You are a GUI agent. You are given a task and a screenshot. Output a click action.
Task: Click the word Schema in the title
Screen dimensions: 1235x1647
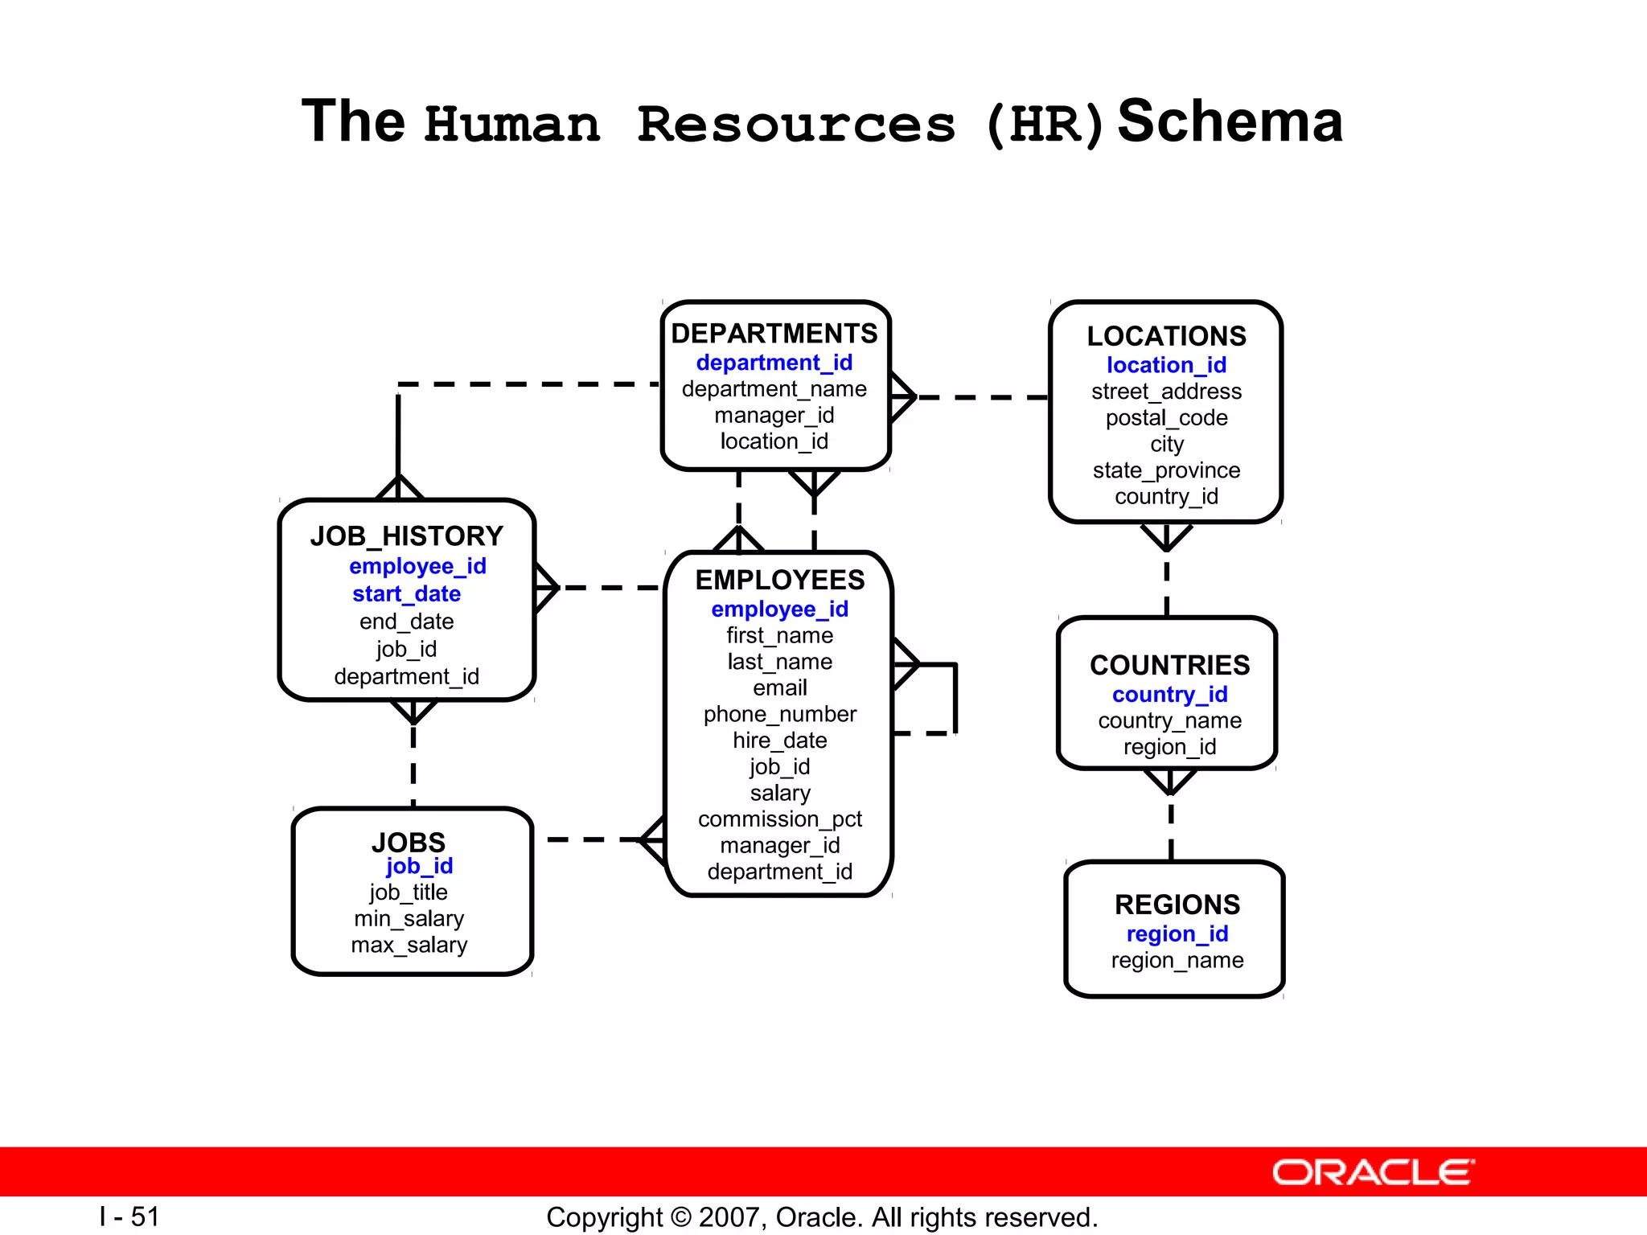[1230, 121]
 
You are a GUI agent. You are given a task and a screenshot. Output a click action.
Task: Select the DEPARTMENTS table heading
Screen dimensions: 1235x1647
[774, 333]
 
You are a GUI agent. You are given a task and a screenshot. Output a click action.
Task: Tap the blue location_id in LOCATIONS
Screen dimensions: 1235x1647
[1166, 365]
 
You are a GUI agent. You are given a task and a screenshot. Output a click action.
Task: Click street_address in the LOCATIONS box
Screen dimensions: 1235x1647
[1166, 392]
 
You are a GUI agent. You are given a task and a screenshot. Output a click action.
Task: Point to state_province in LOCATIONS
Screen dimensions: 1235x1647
[1166, 470]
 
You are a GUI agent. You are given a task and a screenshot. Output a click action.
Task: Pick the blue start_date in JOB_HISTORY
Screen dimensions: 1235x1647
[406, 594]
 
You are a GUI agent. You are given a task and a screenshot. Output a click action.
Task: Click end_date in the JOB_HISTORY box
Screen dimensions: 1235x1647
[406, 622]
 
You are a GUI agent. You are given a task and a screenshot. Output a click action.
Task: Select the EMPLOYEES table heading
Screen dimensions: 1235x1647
[779, 580]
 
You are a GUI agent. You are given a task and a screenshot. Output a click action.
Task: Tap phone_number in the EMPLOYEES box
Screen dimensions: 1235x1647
[779, 714]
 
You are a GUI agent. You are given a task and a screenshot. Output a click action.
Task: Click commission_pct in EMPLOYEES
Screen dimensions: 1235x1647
[779, 819]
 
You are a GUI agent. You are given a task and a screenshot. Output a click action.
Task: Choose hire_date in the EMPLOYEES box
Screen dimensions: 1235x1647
[779, 741]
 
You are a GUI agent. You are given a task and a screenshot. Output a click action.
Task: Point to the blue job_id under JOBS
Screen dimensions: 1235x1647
[419, 866]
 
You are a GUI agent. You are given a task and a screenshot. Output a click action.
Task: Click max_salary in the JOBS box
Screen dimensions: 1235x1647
[409, 945]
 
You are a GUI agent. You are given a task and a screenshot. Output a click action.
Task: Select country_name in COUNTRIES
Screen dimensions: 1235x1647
[1169, 720]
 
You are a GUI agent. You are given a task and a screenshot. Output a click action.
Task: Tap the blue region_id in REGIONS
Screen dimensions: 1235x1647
[1177, 933]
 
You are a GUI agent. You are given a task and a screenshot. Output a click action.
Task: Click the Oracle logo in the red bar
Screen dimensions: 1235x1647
[1373, 1172]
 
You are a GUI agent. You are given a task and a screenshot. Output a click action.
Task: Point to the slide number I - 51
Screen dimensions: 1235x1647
[129, 1217]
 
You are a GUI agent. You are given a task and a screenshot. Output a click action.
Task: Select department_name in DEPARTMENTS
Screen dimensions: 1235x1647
[774, 389]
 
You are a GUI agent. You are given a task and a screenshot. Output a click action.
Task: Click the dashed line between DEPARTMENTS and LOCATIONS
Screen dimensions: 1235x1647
[983, 397]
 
